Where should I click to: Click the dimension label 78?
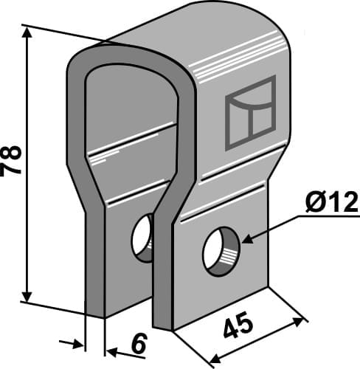tap(14, 160)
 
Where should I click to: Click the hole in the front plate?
tap(221, 252)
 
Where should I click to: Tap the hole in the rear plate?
tap(142, 238)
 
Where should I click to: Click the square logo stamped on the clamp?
tap(249, 111)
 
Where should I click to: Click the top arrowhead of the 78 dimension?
tap(27, 32)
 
